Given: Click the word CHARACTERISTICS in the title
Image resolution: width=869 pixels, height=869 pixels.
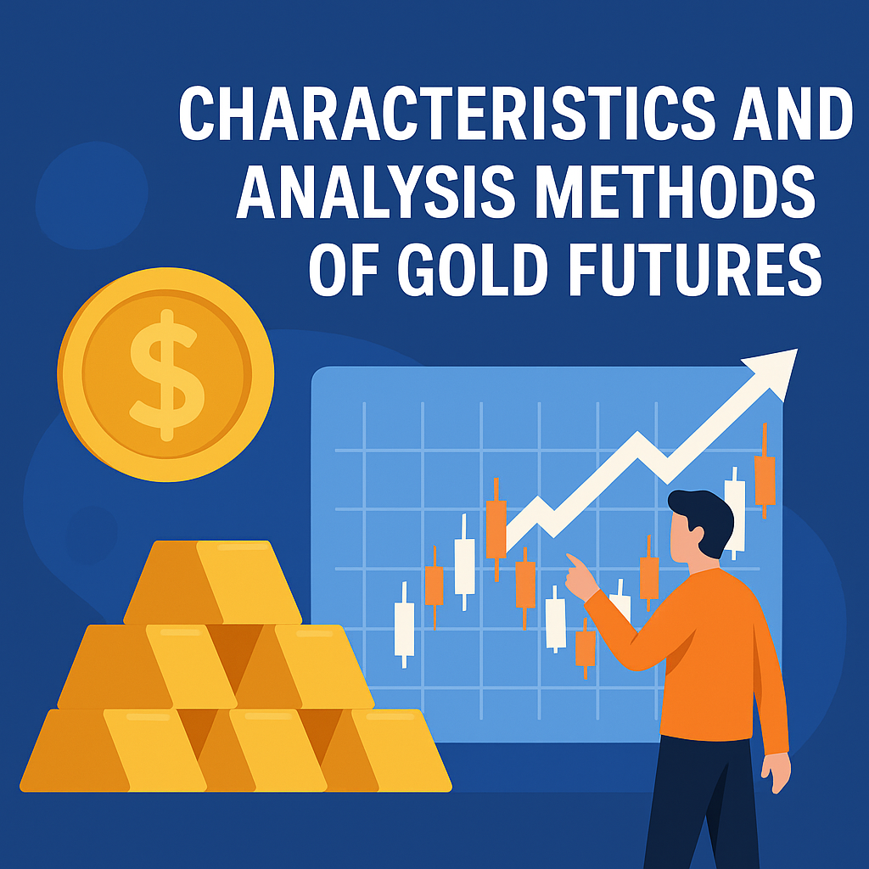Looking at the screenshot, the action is click(x=446, y=114).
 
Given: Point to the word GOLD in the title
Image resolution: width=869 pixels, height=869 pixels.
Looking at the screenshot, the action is click(x=473, y=269).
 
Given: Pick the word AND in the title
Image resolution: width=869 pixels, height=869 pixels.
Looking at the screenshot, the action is click(x=793, y=114).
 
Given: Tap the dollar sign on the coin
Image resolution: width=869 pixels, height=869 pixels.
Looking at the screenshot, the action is click(x=167, y=375).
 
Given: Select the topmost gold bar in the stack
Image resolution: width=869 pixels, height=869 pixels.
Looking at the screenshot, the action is click(x=213, y=582).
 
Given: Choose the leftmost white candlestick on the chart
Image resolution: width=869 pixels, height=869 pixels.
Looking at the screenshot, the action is click(x=404, y=625).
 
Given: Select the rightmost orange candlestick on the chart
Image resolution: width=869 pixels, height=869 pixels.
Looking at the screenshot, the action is click(x=765, y=470).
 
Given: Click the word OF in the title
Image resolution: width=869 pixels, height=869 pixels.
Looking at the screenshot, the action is click(x=343, y=269).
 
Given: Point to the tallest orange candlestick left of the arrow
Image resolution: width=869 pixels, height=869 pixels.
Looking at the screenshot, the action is click(x=496, y=530).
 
